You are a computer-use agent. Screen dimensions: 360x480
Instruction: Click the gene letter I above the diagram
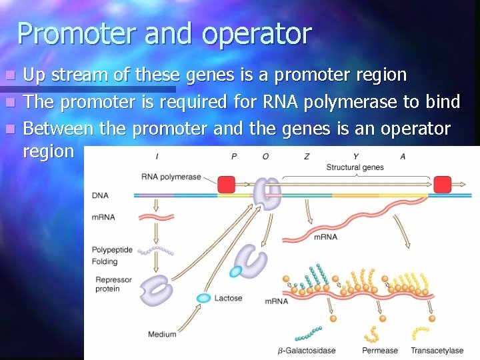(157, 157)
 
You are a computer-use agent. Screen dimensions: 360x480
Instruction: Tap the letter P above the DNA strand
(234, 157)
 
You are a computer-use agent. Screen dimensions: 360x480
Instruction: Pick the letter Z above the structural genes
(306, 157)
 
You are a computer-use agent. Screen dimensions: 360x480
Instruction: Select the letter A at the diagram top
(403, 157)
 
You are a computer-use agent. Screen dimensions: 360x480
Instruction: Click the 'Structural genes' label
(355, 167)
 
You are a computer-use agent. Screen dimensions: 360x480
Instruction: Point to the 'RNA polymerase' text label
(171, 177)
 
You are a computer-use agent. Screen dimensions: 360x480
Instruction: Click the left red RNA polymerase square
(227, 184)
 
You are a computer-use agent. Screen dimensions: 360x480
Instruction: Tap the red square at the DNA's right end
(442, 184)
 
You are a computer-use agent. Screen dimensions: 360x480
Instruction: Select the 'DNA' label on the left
(100, 195)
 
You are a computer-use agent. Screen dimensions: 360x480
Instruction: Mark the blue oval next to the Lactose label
(203, 297)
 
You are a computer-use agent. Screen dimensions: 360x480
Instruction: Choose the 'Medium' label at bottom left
(162, 334)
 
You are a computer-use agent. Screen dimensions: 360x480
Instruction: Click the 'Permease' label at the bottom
(380, 350)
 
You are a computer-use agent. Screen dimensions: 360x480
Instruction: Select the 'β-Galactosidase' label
(307, 350)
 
